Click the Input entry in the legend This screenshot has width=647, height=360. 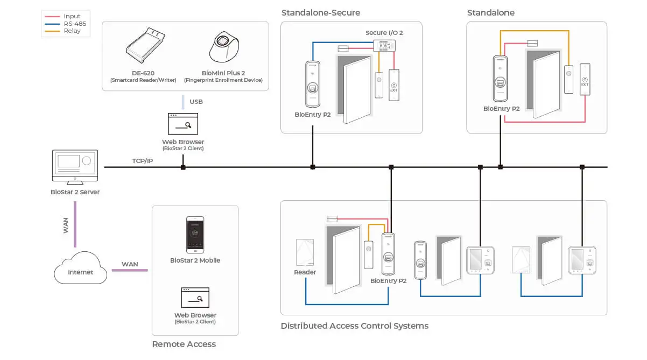tap(62, 17)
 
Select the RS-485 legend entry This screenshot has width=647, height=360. tap(66, 24)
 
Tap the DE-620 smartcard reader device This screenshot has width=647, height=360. tap(145, 45)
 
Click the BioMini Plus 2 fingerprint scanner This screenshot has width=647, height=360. tap(224, 47)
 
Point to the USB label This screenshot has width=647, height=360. tap(196, 102)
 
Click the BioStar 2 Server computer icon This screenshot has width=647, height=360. tap(75, 167)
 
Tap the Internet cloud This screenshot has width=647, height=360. tap(80, 267)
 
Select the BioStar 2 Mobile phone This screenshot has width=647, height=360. tap(195, 235)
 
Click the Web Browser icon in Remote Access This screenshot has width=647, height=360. tap(195, 298)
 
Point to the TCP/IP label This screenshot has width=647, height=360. tap(143, 161)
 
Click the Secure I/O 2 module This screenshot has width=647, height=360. tap(384, 46)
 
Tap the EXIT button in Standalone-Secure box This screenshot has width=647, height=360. tap(393, 85)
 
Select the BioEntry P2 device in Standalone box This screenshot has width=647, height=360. tap(500, 79)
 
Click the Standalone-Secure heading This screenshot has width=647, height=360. tap(321, 13)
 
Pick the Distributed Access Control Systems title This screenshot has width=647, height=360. tap(354, 326)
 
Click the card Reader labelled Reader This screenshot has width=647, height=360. tap(305, 252)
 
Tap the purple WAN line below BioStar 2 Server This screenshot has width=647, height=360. tap(75, 224)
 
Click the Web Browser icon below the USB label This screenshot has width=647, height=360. tap(183, 124)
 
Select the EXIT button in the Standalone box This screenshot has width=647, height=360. tap(585, 80)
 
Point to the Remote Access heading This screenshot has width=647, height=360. tap(184, 344)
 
